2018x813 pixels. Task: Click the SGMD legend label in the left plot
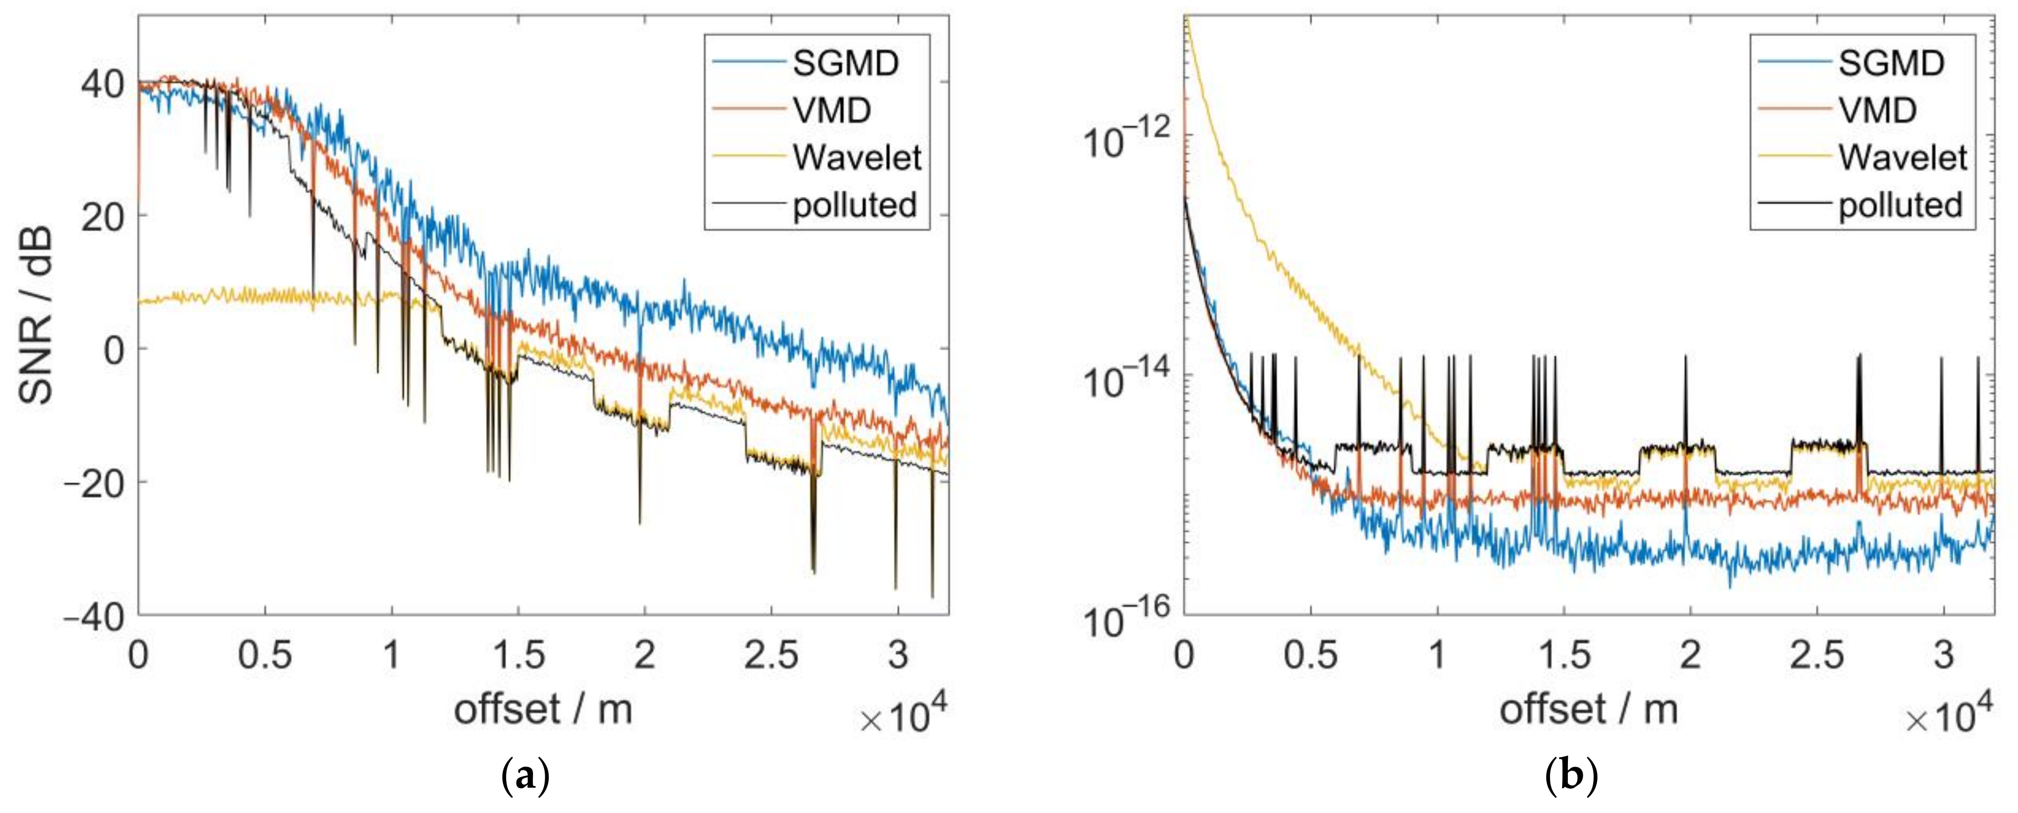(x=845, y=63)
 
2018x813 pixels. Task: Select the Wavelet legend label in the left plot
(x=856, y=157)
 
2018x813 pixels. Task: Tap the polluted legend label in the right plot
(x=1900, y=205)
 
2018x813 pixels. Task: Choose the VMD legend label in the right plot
(x=1877, y=110)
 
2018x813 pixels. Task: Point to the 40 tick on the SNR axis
(x=102, y=83)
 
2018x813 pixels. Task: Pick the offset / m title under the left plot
(x=543, y=710)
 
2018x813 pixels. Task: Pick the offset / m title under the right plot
(x=1589, y=710)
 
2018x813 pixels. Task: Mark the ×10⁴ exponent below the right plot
(x=1948, y=715)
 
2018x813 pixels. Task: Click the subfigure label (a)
(x=525, y=778)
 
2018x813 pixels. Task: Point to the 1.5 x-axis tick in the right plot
(x=1564, y=655)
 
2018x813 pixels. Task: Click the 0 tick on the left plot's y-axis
(x=115, y=350)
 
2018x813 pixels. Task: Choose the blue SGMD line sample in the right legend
(x=1794, y=63)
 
